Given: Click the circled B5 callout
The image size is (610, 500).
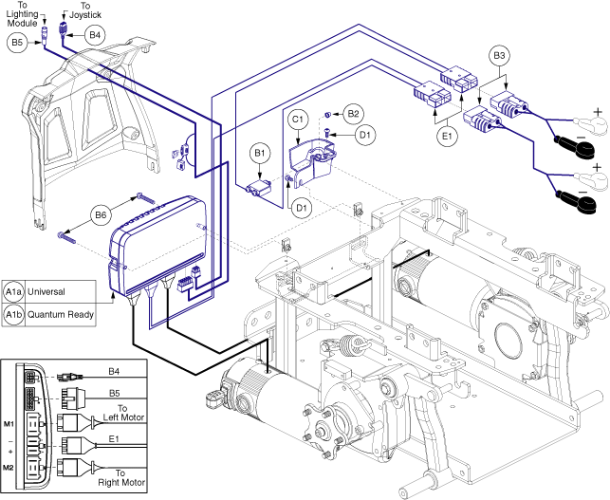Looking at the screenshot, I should [15, 43].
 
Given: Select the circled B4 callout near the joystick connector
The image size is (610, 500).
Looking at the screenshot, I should [93, 35].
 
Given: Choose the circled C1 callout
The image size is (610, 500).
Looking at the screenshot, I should [297, 120].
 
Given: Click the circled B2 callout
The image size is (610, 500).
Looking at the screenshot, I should [353, 114].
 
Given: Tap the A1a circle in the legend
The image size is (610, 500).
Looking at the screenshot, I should [14, 290].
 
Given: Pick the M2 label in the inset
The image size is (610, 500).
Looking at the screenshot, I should [9, 467].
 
